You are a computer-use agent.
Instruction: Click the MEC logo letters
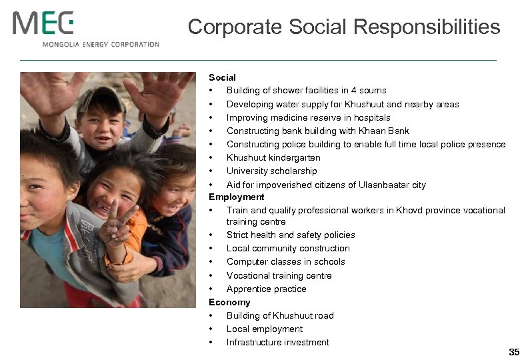[x=43, y=23]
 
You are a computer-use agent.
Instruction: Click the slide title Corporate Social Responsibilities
[x=343, y=27]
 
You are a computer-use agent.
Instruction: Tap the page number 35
[x=513, y=351]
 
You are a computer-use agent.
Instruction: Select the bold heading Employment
[x=237, y=197]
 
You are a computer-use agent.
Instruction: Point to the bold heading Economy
[x=229, y=302]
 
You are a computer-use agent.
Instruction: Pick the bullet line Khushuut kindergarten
[x=273, y=157]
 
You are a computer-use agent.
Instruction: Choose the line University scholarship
[x=271, y=171]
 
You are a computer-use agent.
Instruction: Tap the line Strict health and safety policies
[x=291, y=235]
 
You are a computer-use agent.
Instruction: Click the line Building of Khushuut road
[x=280, y=315]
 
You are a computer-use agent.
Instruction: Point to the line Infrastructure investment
[x=278, y=342]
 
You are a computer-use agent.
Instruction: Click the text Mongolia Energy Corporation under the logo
[x=101, y=45]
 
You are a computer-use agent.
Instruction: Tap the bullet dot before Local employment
[x=211, y=329]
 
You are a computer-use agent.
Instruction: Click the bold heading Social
[x=222, y=78]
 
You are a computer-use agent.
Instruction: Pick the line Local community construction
[x=288, y=248]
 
